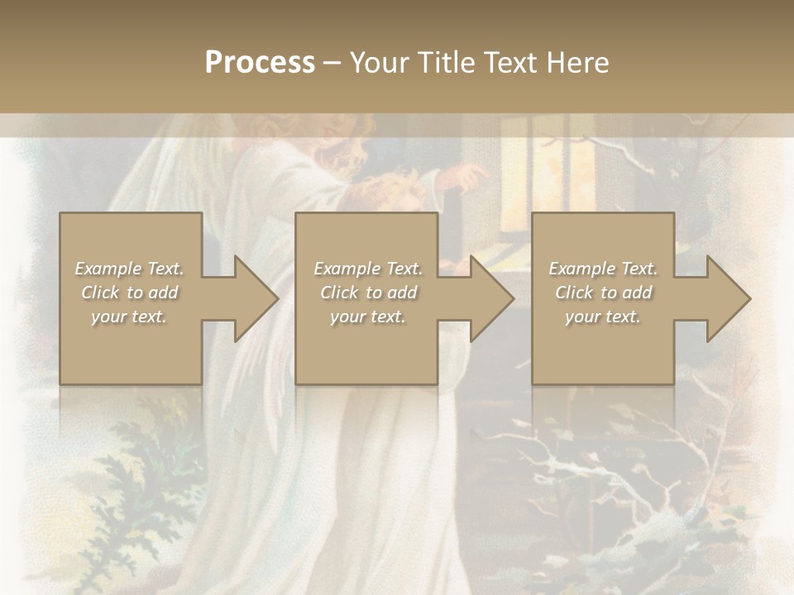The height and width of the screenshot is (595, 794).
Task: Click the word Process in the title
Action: tap(260, 63)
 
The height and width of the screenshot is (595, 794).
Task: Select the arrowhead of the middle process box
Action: tap(491, 298)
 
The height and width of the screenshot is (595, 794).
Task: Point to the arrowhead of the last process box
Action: tap(728, 298)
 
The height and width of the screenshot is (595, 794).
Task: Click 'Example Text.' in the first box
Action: tap(129, 269)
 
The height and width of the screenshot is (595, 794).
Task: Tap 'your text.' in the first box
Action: tap(129, 317)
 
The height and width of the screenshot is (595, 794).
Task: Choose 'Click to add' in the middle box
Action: tap(368, 293)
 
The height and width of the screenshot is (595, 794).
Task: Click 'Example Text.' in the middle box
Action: tap(368, 269)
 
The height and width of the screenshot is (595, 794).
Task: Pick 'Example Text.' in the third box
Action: tap(603, 269)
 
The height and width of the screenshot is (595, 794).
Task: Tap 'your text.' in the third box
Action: tap(603, 317)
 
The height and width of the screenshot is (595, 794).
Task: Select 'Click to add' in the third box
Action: tap(603, 293)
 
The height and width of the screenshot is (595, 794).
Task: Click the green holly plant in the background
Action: tap(149, 463)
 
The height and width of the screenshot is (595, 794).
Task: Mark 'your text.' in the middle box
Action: tap(368, 317)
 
